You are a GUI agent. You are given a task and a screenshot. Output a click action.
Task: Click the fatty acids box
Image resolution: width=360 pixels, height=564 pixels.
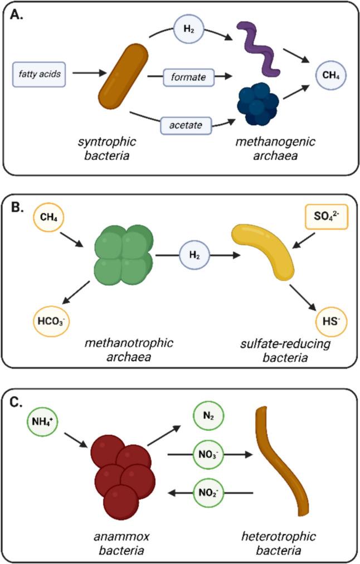point(40,73)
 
